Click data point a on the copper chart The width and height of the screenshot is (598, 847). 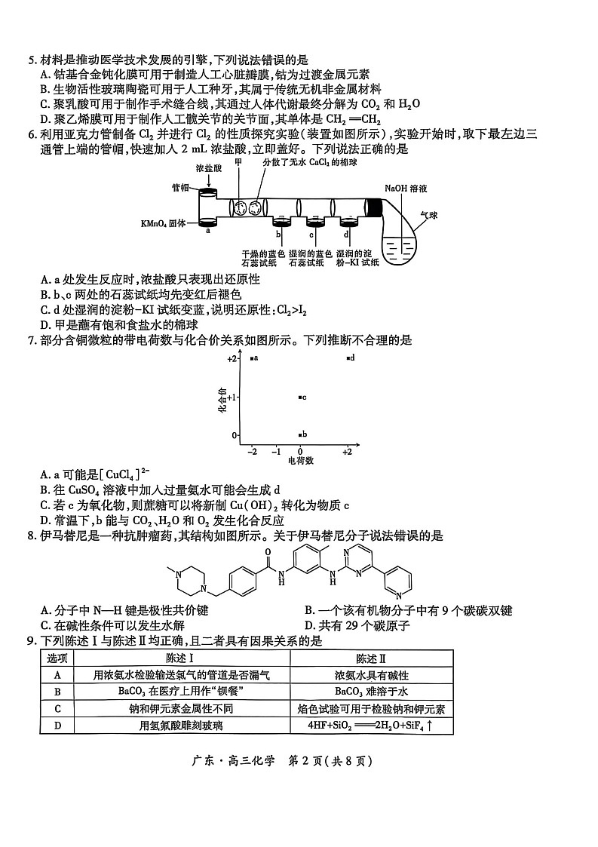pyautogui.click(x=252, y=358)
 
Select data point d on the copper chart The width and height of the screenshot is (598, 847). pyautogui.click(x=348, y=358)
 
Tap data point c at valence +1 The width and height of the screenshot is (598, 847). pyautogui.click(x=300, y=397)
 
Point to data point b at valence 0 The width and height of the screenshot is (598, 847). pyautogui.click(x=300, y=434)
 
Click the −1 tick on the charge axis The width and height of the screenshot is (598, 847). pyautogui.click(x=276, y=451)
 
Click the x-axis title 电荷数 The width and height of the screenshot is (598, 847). pyautogui.click(x=299, y=460)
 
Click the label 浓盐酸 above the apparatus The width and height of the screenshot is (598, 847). pyautogui.click(x=208, y=169)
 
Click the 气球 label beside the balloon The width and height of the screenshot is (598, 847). pyautogui.click(x=428, y=215)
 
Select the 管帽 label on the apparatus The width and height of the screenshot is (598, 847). pyautogui.click(x=180, y=188)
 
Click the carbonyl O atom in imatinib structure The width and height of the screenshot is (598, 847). pyautogui.click(x=271, y=551)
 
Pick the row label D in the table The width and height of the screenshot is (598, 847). pyautogui.click(x=57, y=726)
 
